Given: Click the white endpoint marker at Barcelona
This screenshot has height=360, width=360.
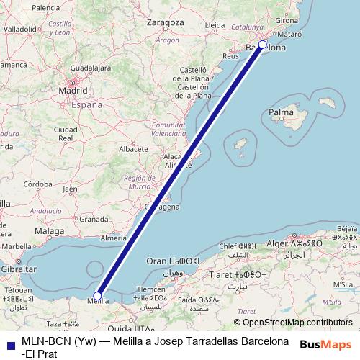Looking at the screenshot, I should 262,45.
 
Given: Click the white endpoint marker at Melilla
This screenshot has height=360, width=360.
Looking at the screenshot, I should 97,295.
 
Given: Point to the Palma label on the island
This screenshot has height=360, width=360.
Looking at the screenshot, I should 280,113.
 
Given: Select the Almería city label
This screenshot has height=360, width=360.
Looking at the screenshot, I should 114,238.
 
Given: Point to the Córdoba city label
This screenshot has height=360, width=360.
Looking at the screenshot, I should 45,184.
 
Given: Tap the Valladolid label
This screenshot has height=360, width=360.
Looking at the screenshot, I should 20,28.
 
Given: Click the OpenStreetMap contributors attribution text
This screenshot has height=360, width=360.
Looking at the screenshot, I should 292,323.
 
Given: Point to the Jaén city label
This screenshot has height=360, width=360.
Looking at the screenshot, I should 70,189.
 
